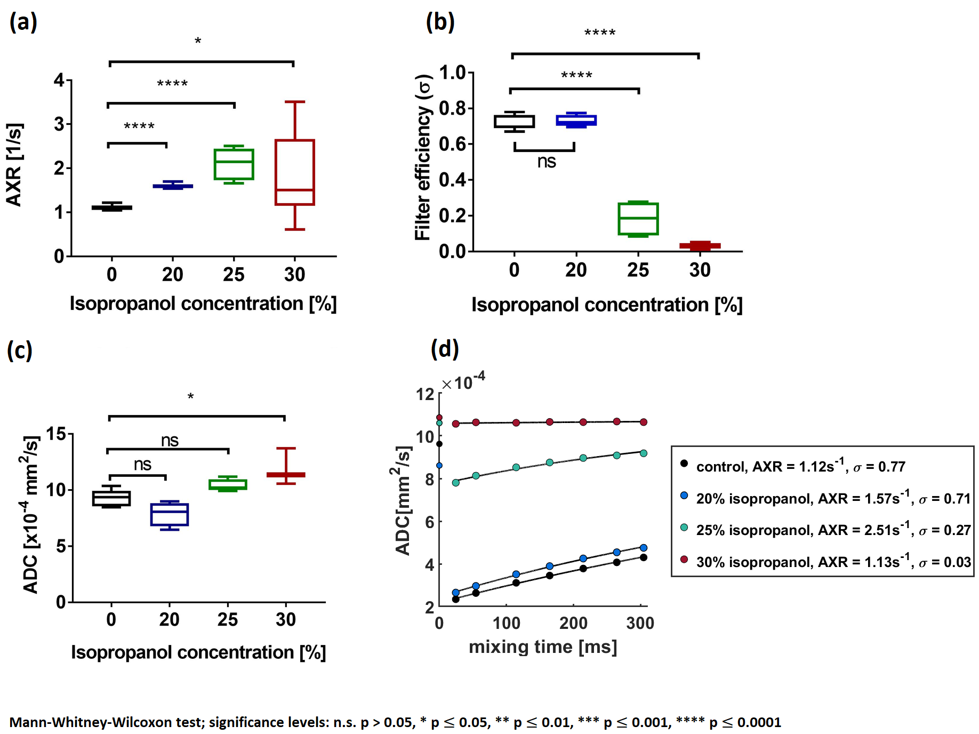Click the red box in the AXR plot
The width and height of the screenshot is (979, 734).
coord(294,172)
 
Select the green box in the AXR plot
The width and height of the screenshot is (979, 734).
coord(234,164)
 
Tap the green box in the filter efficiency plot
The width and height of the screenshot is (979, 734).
coord(638,219)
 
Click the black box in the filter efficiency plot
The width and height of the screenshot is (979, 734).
coord(514,122)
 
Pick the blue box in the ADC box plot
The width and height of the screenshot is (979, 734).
coord(169,514)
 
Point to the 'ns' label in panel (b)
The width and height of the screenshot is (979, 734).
coord(547,162)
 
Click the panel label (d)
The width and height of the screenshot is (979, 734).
coord(445,349)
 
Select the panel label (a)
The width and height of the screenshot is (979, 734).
coord(23,22)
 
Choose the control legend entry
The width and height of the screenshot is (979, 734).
coord(800,467)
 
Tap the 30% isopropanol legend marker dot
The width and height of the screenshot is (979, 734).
coord(684,559)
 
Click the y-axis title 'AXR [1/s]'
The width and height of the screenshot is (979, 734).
coord(14,164)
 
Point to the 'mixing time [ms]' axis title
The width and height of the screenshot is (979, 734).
coord(543,647)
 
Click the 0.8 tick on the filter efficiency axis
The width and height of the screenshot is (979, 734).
coord(452,108)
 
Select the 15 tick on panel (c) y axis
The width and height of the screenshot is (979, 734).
coord(56,434)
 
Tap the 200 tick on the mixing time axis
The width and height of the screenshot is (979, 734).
coord(573,623)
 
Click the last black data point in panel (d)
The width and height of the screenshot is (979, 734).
coord(644,557)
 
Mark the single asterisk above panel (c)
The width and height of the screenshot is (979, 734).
coord(190,396)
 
